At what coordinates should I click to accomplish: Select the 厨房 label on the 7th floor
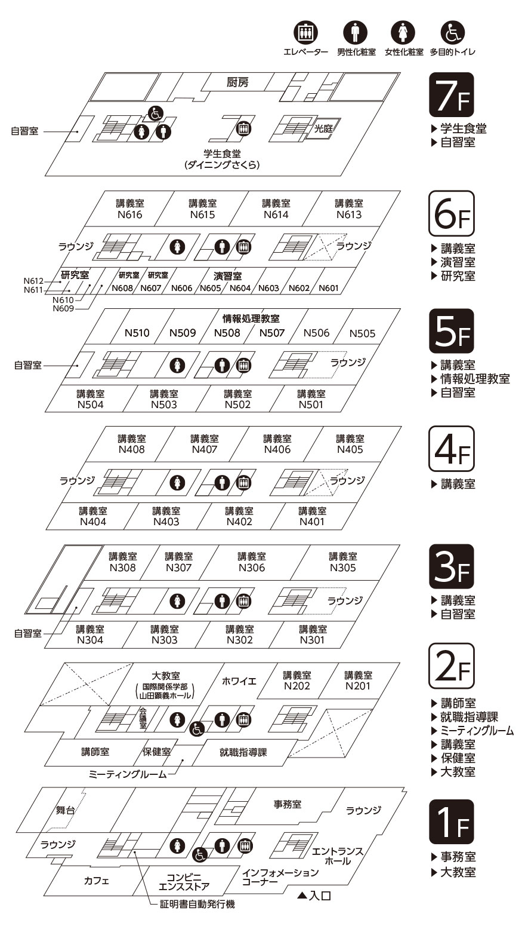pos(237,82)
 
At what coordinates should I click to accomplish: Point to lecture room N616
pos(129,209)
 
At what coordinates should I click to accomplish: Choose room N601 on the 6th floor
pos(328,288)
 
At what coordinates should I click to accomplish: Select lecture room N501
pos(311,399)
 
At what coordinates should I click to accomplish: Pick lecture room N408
pos(131,444)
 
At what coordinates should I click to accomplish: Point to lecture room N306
pos(252,562)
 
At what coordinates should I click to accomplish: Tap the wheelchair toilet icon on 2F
pos(197,729)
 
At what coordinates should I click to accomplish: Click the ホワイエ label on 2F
pos(239,681)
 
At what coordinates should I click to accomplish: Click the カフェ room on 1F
pos(96,880)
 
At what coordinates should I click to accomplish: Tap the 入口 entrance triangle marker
pos(301,895)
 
